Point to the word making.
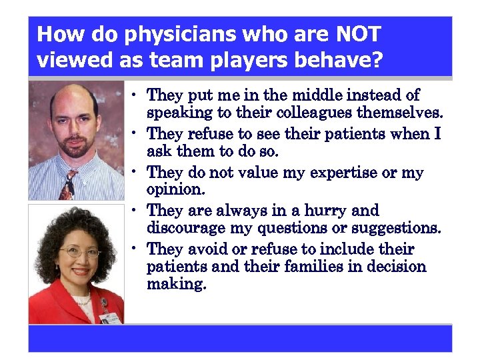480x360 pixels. (x=177, y=284)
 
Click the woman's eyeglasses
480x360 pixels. (x=80, y=252)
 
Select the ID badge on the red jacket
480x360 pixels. (x=108, y=314)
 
